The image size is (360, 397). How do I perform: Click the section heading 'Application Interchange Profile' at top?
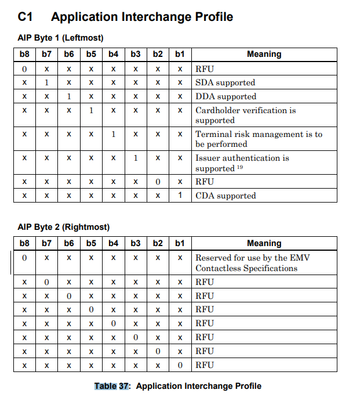click(x=142, y=17)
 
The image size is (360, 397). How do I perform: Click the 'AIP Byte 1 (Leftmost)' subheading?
click(x=60, y=38)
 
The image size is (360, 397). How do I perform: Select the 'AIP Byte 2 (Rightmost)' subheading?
click(x=63, y=227)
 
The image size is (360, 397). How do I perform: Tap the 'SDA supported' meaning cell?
click(x=225, y=82)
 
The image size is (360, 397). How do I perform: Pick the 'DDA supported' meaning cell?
click(x=226, y=96)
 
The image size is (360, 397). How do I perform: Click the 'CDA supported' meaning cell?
click(x=226, y=196)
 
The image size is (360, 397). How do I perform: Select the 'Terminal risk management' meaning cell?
click(x=259, y=139)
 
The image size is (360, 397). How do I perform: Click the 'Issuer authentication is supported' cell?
click(x=242, y=163)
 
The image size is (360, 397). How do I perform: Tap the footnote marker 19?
click(x=240, y=168)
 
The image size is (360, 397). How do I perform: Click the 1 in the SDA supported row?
click(x=46, y=82)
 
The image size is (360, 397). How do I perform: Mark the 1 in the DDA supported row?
click(x=68, y=96)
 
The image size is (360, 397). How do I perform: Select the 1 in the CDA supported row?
click(x=180, y=196)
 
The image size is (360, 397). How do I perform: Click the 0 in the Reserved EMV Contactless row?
click(x=24, y=258)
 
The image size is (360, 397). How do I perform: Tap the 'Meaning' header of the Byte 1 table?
click(x=264, y=54)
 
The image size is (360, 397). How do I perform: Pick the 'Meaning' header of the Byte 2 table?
click(x=264, y=243)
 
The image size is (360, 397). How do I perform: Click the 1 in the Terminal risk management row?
click(x=113, y=134)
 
